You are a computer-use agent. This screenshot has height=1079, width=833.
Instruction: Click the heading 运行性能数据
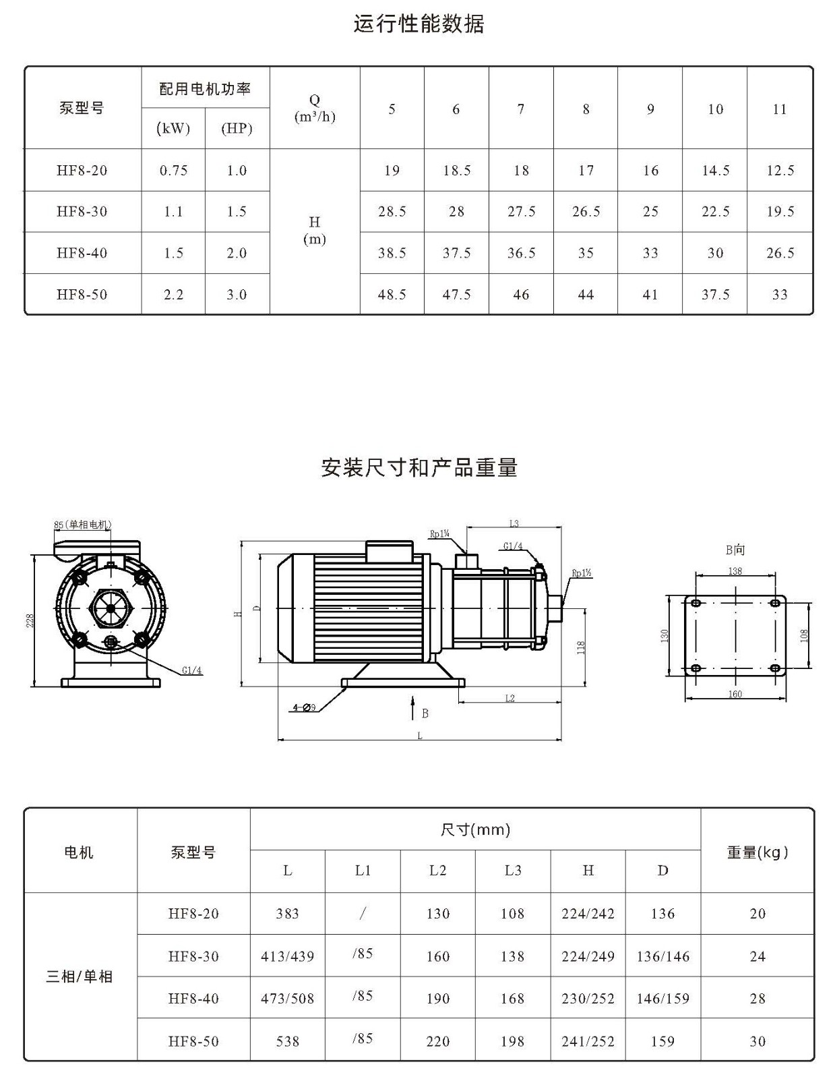pos(419,24)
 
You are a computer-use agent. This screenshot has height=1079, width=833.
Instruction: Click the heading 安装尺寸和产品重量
pos(419,467)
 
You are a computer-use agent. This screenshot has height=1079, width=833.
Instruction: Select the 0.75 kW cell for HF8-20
pos(173,171)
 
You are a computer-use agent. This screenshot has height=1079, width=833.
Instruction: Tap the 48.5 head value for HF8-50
pos(392,295)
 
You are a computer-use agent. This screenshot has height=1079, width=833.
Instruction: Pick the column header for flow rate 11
pos(779,109)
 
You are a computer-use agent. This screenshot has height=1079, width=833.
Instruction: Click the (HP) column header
pos(237,129)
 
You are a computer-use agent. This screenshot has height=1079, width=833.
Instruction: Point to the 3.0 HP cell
pos(237,295)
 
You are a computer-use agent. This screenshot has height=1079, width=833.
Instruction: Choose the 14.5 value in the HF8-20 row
pos(716,171)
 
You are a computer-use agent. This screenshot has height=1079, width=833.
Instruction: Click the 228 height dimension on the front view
pos(30,620)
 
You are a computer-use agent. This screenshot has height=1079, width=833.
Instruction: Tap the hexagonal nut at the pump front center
pos(110,608)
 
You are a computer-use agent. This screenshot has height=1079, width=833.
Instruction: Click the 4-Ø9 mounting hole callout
pos(304,707)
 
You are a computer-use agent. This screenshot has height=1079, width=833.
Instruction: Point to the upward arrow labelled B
pos(412,708)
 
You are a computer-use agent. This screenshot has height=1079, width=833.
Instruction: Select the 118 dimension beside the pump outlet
pos(582,647)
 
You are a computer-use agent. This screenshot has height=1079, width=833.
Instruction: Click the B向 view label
pos(735,550)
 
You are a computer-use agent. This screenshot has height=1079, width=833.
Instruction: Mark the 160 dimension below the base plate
pos(735,694)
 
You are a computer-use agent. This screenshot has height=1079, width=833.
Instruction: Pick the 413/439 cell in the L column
pos(288,956)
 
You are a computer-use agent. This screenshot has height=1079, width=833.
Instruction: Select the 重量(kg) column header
pos(757,852)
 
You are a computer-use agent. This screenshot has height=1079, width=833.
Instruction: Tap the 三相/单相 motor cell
pos(80,976)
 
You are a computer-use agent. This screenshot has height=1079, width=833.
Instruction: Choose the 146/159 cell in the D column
pos(662,999)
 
